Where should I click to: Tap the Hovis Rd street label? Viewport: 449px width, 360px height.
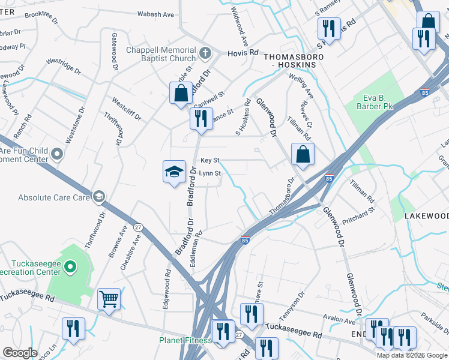(243, 53)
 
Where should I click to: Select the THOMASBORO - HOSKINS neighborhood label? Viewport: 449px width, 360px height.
(294, 61)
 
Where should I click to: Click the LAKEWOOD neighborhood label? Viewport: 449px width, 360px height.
(426, 215)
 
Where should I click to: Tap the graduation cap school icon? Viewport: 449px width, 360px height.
(174, 172)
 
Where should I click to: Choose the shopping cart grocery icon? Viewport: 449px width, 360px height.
(109, 299)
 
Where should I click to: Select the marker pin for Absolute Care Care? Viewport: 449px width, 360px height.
(99, 197)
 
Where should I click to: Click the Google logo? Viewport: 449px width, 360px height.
(20, 353)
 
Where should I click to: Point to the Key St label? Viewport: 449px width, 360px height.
(210, 160)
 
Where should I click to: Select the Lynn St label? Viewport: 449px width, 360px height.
(210, 173)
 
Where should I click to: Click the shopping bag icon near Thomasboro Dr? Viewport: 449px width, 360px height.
(303, 155)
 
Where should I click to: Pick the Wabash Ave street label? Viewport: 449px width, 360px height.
(155, 14)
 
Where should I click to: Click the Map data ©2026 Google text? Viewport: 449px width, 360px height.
(412, 355)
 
